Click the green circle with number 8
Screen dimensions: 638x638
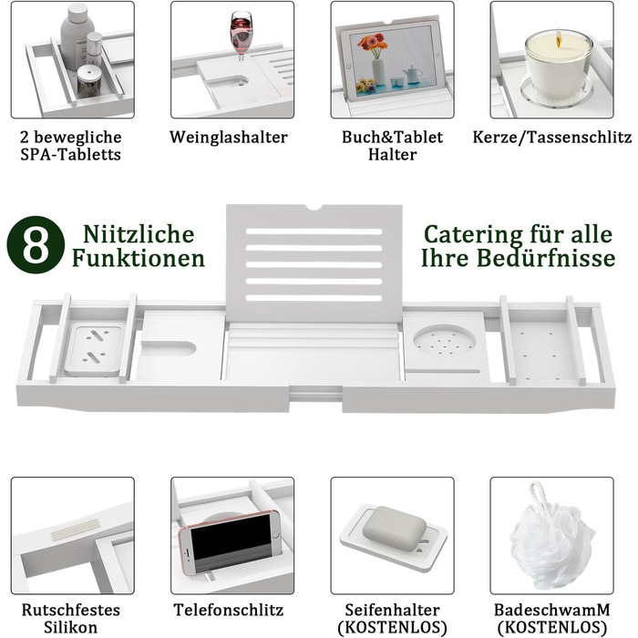point(36,245)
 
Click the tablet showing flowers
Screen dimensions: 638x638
point(391,62)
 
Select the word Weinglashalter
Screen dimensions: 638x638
point(229,138)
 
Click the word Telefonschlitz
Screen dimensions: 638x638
point(229,610)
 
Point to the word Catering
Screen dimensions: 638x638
point(473,235)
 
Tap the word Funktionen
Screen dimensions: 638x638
point(139,258)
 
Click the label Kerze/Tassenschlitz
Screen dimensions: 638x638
point(552,138)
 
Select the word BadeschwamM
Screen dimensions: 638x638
point(552,610)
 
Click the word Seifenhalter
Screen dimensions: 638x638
point(392,610)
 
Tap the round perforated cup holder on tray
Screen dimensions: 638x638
point(445,341)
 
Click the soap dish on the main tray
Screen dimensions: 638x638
point(95,348)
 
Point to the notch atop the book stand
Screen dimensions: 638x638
point(314,208)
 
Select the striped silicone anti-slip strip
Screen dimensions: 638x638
point(76,529)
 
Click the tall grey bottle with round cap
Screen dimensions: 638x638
point(77,36)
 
